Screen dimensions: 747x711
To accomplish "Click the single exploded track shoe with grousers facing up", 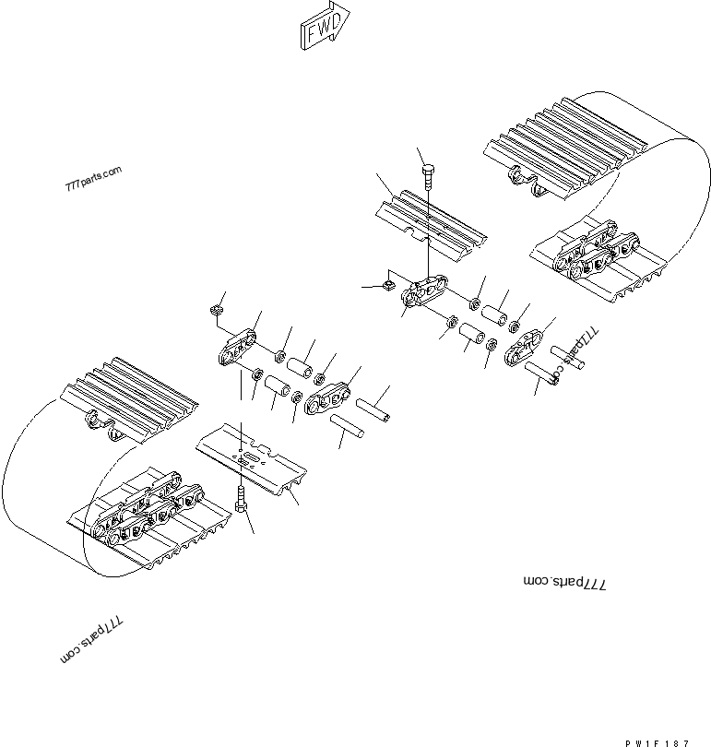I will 431,226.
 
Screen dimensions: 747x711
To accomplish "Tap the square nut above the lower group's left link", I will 216,310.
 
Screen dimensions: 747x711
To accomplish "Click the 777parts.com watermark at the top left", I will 93,179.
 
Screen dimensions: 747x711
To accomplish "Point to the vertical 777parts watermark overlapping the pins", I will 571,356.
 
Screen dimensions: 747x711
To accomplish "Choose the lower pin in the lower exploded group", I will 351,428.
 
